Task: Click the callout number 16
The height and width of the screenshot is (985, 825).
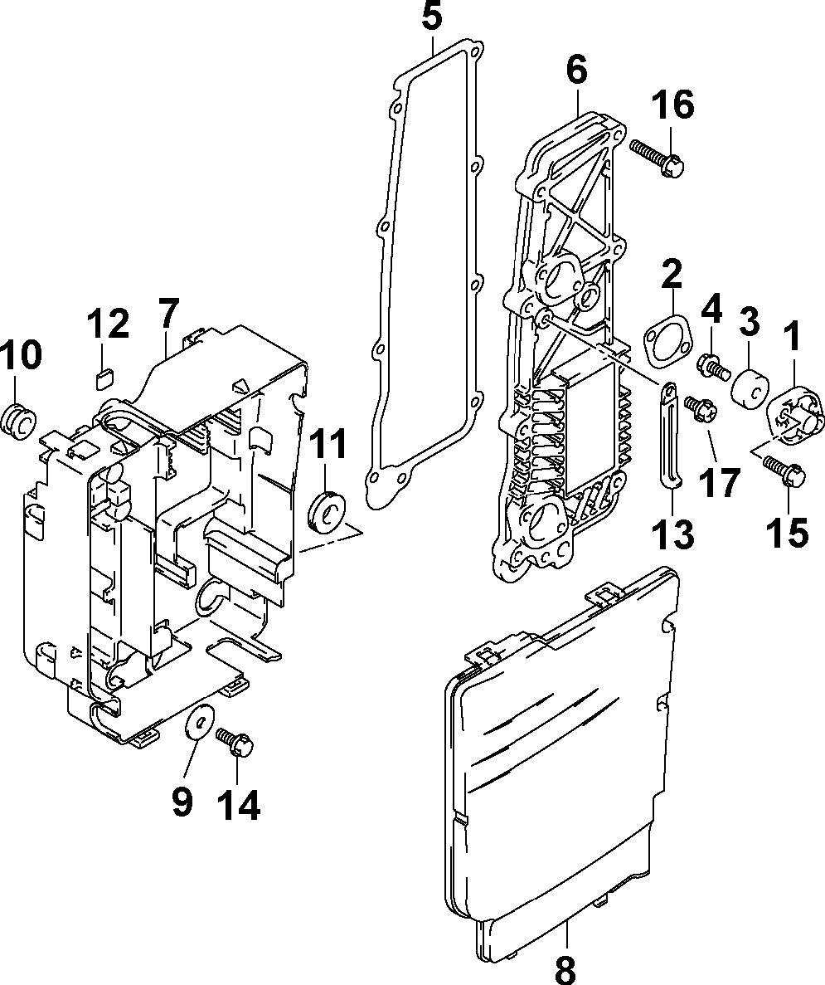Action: tap(672, 106)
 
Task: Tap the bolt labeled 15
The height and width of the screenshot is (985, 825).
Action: tap(784, 470)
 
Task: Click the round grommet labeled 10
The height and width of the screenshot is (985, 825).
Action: tap(19, 419)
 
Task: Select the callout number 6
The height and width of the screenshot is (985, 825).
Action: tap(576, 71)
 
